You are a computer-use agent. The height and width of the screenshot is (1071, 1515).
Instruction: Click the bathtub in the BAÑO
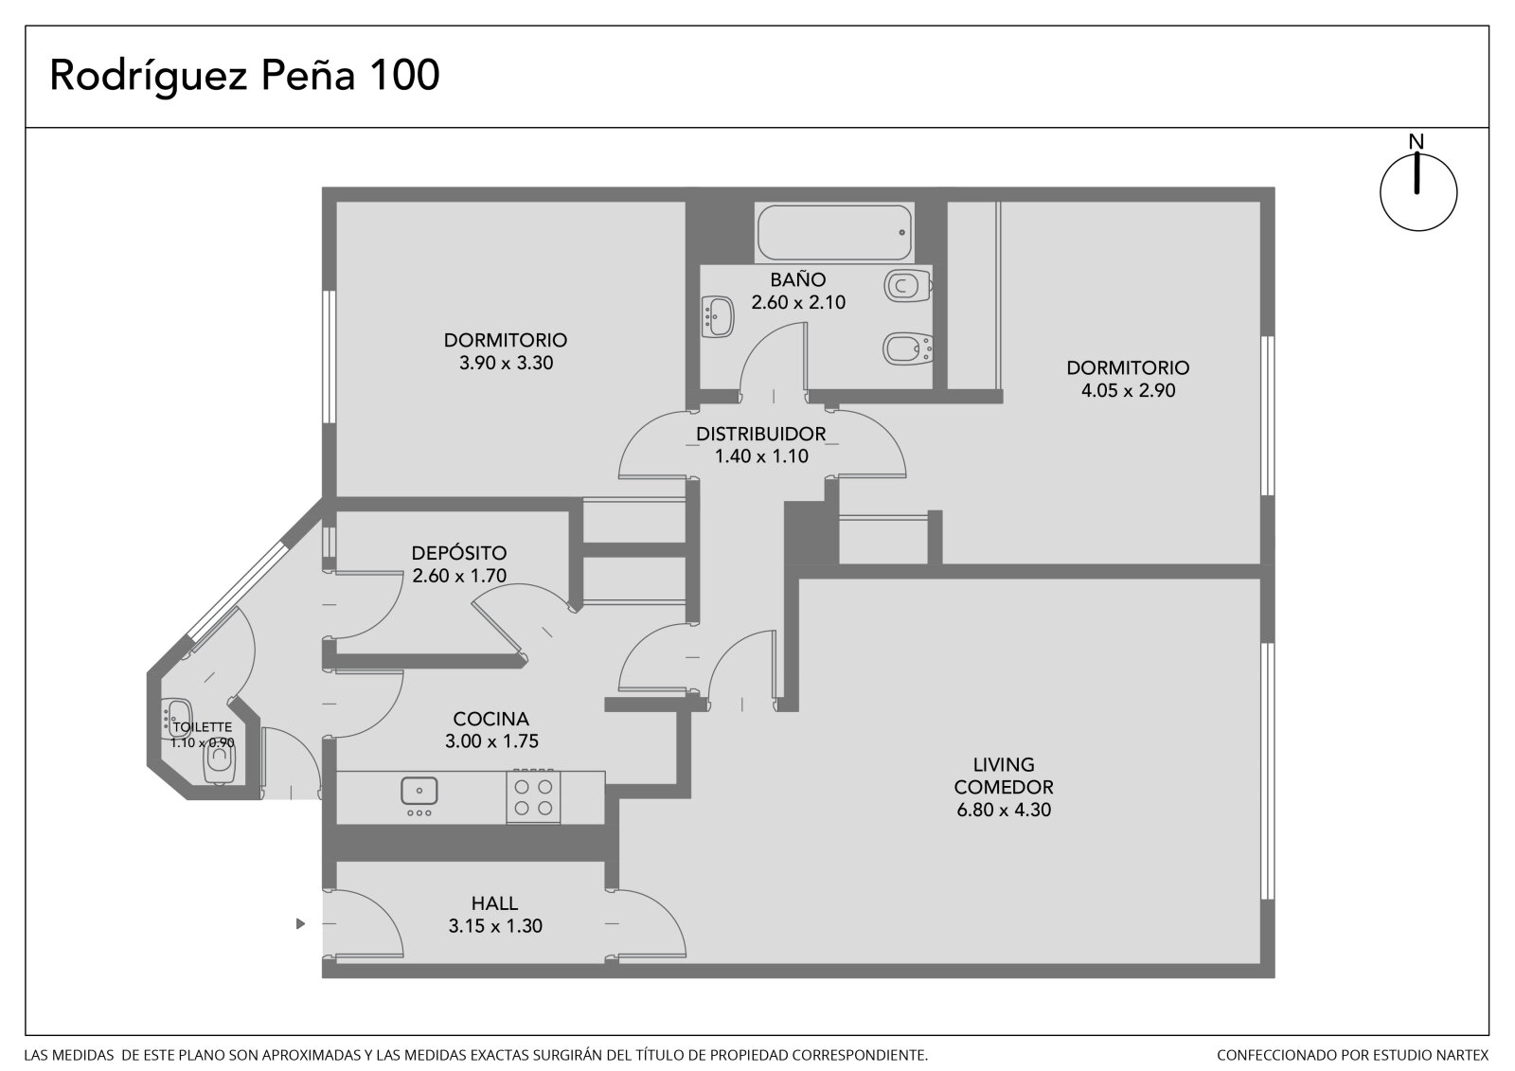[834, 233]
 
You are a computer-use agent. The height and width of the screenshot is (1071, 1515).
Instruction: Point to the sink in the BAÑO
[718, 316]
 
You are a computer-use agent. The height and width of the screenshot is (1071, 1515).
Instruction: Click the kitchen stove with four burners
[533, 797]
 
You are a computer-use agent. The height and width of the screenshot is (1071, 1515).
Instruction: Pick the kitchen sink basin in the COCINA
[419, 791]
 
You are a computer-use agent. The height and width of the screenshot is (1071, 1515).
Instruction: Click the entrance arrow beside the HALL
[301, 923]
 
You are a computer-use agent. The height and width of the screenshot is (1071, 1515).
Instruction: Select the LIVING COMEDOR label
[1004, 776]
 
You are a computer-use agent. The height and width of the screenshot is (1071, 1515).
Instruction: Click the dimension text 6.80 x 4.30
[1004, 810]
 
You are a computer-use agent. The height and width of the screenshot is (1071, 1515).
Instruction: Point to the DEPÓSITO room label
[459, 553]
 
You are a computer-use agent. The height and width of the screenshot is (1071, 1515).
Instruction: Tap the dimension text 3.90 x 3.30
[506, 364]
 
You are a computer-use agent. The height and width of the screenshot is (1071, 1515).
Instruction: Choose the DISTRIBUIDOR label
[761, 434]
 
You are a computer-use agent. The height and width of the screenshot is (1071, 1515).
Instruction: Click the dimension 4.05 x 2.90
[1128, 391]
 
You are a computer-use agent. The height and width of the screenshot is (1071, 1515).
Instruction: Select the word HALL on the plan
[494, 903]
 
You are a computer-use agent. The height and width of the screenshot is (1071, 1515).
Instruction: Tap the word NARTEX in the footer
[1464, 1055]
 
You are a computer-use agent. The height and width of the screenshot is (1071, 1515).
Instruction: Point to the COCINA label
[491, 719]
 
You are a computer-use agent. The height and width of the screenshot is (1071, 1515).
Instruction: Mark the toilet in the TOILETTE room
[219, 764]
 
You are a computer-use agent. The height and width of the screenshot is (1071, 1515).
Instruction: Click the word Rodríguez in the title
[148, 77]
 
